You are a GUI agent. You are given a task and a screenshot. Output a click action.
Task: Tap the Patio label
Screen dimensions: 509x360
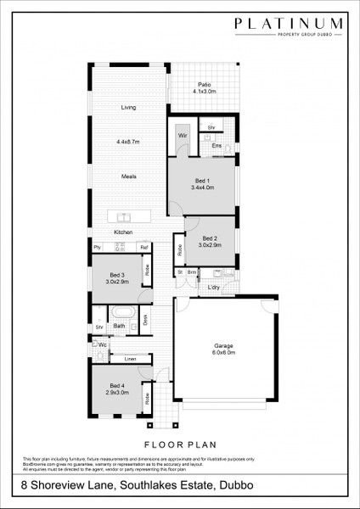205,85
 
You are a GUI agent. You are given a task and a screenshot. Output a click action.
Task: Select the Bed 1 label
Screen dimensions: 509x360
201,181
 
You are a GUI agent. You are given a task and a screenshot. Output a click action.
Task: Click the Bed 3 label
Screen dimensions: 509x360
116,275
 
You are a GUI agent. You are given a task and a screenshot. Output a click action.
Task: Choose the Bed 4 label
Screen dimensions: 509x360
117,386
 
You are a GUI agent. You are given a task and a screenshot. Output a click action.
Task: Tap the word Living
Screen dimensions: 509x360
128,108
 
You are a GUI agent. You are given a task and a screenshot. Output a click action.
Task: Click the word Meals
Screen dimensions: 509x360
129,176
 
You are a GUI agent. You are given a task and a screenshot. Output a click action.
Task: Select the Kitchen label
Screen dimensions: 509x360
125,232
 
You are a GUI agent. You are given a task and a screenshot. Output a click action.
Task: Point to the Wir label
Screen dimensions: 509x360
182,135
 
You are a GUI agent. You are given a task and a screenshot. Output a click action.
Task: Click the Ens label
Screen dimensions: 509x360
217,146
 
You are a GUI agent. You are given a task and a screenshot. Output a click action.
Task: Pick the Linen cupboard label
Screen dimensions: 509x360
130,360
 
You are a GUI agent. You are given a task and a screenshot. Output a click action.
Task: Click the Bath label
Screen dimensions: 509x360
120,326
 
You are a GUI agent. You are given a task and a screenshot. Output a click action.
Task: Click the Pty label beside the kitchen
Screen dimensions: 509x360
98,247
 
